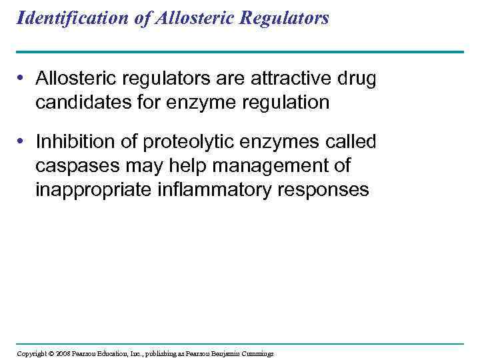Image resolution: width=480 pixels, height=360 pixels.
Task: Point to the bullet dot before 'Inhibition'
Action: click(x=23, y=142)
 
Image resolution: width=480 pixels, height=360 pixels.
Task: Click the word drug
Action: click(x=358, y=79)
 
